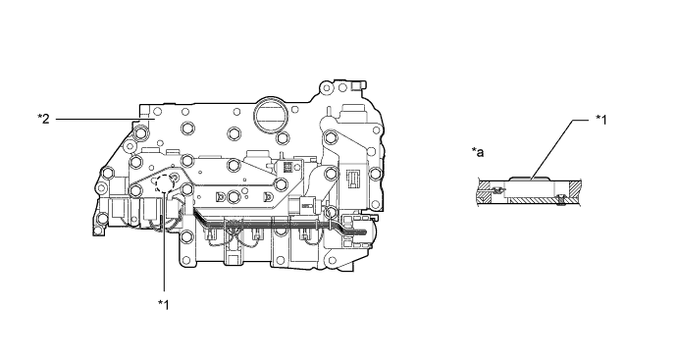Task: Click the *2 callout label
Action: pos(43,119)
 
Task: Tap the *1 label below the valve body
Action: pos(163,304)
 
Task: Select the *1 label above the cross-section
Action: pos(601,120)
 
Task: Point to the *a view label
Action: pos(478,152)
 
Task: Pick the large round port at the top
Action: pos(270,115)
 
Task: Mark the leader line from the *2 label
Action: pos(98,119)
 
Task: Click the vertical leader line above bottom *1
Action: pos(164,241)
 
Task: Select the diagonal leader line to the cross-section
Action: pos(553,149)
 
